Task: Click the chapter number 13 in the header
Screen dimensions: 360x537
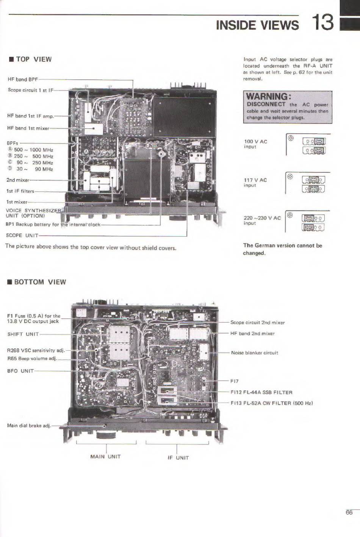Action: click(x=323, y=22)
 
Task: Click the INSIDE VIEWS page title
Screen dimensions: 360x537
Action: click(x=257, y=25)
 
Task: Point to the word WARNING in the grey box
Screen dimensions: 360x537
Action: click(x=268, y=96)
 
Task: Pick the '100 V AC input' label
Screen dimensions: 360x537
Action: click(x=255, y=144)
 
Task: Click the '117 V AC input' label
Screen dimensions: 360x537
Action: click(x=255, y=183)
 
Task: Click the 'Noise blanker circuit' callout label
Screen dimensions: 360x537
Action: click(x=254, y=353)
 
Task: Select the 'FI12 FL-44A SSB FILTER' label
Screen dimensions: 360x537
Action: click(x=261, y=392)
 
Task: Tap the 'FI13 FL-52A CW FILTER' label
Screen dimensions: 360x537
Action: click(x=271, y=403)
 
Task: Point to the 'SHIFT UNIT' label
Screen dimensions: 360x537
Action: click(x=23, y=334)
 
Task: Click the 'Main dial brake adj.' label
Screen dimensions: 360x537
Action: click(x=29, y=426)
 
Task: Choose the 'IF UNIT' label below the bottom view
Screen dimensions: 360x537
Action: click(x=178, y=458)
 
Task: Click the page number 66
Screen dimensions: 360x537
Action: click(x=349, y=512)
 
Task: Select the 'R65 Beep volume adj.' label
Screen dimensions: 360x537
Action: click(x=32, y=358)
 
